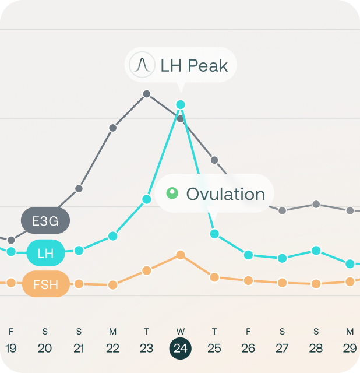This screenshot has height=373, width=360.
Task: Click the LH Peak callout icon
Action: (x=141, y=65)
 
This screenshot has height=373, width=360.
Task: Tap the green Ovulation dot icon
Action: (x=172, y=193)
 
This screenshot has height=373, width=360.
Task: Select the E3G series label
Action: (x=45, y=221)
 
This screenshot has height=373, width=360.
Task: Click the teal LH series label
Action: (x=45, y=254)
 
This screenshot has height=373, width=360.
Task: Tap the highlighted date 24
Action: (x=181, y=349)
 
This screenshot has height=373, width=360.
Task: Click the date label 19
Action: (x=10, y=349)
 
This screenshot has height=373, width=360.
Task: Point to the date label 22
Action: (x=112, y=349)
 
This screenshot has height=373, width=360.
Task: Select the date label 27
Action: (x=282, y=349)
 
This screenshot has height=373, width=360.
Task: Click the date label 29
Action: (x=350, y=349)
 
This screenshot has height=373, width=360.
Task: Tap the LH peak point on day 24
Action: (x=181, y=105)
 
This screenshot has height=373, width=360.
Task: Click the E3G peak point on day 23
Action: (x=147, y=94)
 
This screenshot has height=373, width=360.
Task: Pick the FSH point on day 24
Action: (x=181, y=255)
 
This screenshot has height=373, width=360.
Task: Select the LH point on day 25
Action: (x=214, y=234)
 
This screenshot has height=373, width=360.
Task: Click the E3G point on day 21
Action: (x=79, y=188)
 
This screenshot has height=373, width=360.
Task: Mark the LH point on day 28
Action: (x=316, y=251)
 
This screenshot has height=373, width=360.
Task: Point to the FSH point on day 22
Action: (x=112, y=285)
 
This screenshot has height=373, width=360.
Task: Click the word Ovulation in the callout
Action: (x=225, y=194)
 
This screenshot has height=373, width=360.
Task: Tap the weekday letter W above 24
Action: (x=181, y=332)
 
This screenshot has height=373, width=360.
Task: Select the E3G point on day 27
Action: (x=282, y=210)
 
